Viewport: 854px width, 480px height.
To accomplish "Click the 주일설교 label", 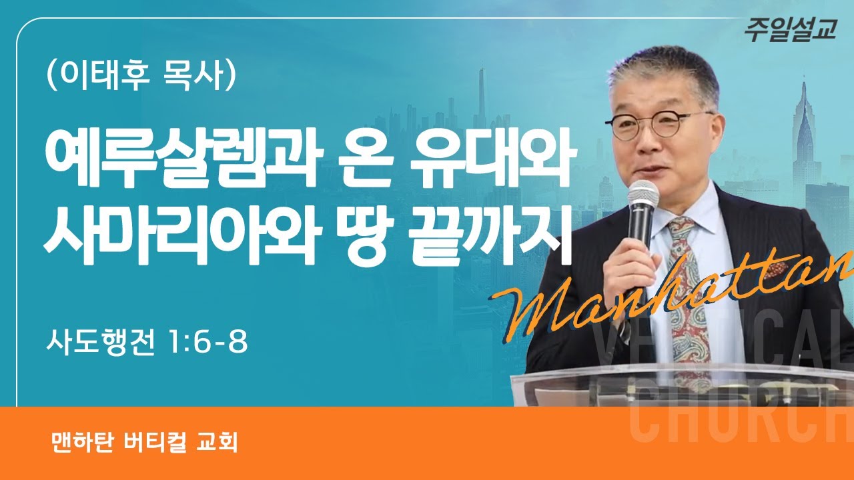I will click(x=790, y=31).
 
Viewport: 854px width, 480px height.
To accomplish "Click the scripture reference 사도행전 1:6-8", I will click(x=147, y=343).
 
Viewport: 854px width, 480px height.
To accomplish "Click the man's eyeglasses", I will click(x=651, y=125).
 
